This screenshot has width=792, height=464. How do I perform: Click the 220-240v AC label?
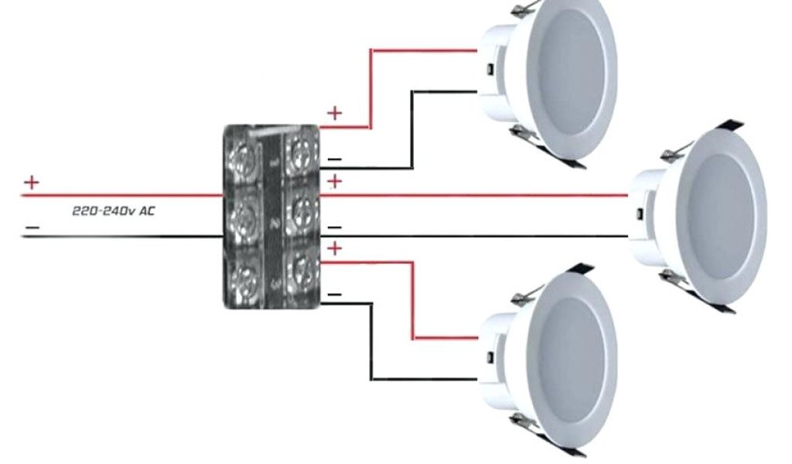pos(113,210)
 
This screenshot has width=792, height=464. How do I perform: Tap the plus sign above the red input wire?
pos(31,183)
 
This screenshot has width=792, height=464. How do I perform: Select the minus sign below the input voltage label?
pos(31,227)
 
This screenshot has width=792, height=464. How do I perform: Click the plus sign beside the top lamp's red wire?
pos(334,113)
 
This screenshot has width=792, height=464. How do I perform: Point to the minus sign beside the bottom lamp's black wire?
pos(334,295)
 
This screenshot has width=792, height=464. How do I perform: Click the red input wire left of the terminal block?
pos(116,196)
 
